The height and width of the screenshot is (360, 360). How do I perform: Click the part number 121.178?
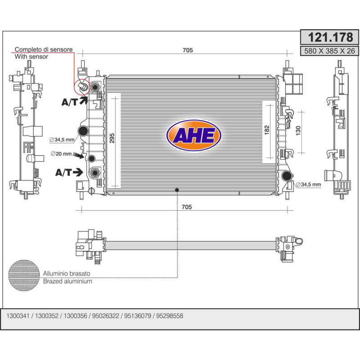pos(330,37)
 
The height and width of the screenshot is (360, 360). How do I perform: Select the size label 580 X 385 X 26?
pos(329,51)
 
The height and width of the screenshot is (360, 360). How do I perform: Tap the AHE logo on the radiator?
pos(193,135)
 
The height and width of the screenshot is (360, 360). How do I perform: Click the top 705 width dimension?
pos(188,50)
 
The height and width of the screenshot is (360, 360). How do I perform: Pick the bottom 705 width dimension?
pos(187,207)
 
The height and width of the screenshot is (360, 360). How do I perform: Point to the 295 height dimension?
pos(112,138)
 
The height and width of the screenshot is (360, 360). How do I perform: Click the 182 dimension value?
pos(266,130)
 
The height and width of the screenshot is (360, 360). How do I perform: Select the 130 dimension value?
pos(298,130)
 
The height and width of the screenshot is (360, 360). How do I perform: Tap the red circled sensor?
pos(82,87)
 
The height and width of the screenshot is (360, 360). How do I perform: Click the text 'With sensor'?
pos(31,57)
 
